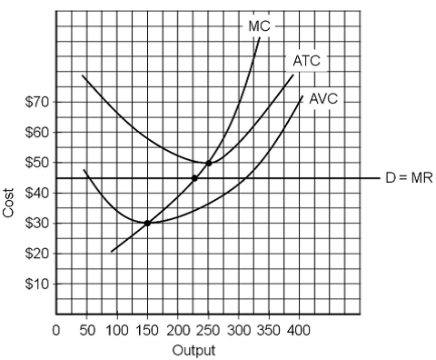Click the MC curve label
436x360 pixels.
pos(258,26)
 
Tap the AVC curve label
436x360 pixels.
pos(323,98)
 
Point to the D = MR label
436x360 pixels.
pos(409,178)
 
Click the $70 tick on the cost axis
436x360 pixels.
pos(37,102)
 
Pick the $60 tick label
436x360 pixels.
pos(37,132)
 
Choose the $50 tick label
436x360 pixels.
pos(37,163)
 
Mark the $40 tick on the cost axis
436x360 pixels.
pos(37,193)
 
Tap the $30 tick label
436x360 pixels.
pos(37,223)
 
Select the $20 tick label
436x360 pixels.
pos(37,254)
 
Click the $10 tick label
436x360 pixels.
pos(37,284)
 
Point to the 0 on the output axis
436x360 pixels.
pos(56,329)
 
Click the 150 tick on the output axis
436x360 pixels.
pos(147,329)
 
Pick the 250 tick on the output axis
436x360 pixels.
pos(208,329)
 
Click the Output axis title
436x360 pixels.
pos(193,348)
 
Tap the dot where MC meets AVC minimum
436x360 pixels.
pos(147,223)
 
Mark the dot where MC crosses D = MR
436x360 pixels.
pos(194,178)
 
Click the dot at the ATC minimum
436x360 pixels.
pos(209,163)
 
